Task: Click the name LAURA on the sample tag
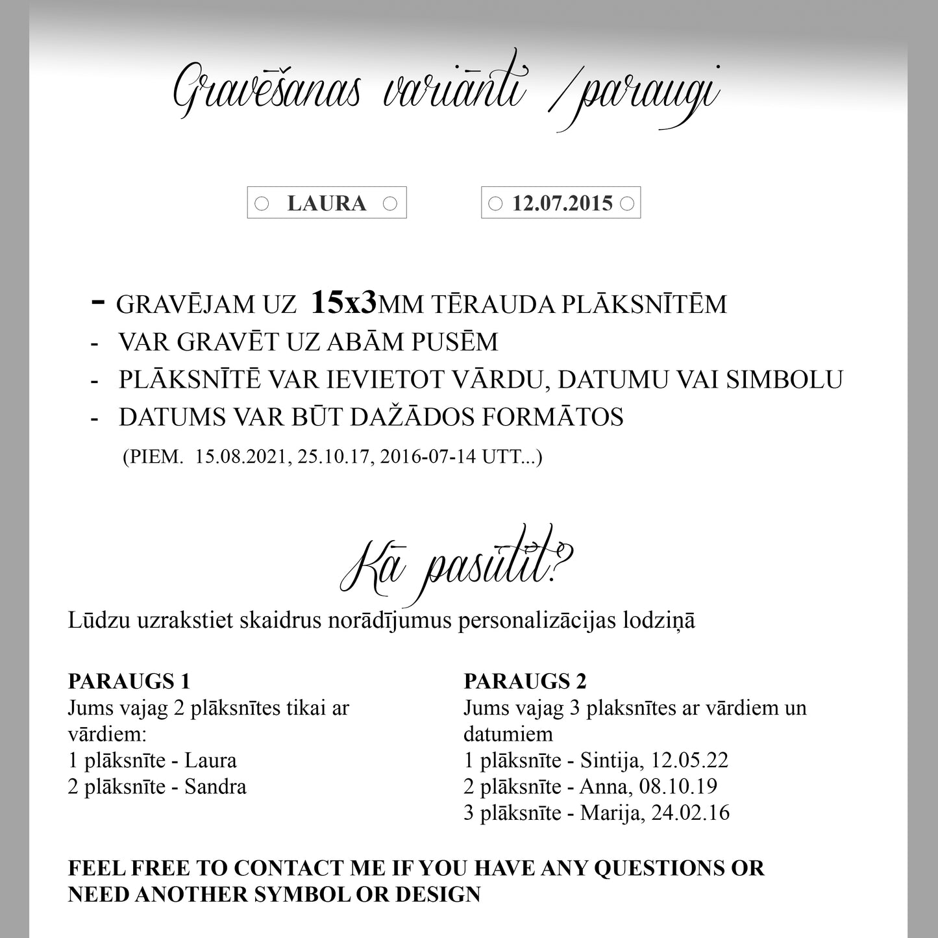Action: pos(327,203)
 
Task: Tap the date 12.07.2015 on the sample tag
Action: pos(562,203)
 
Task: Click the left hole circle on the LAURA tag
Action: pos(262,204)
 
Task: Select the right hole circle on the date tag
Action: pos(627,204)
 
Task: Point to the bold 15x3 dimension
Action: pos(344,303)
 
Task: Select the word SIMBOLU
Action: pos(784,380)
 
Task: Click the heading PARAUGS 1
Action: pos(129,681)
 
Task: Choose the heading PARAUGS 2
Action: pos(525,681)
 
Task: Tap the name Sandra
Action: pos(216,787)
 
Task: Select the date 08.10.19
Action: pos(678,787)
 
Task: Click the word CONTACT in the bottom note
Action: pos(293,868)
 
